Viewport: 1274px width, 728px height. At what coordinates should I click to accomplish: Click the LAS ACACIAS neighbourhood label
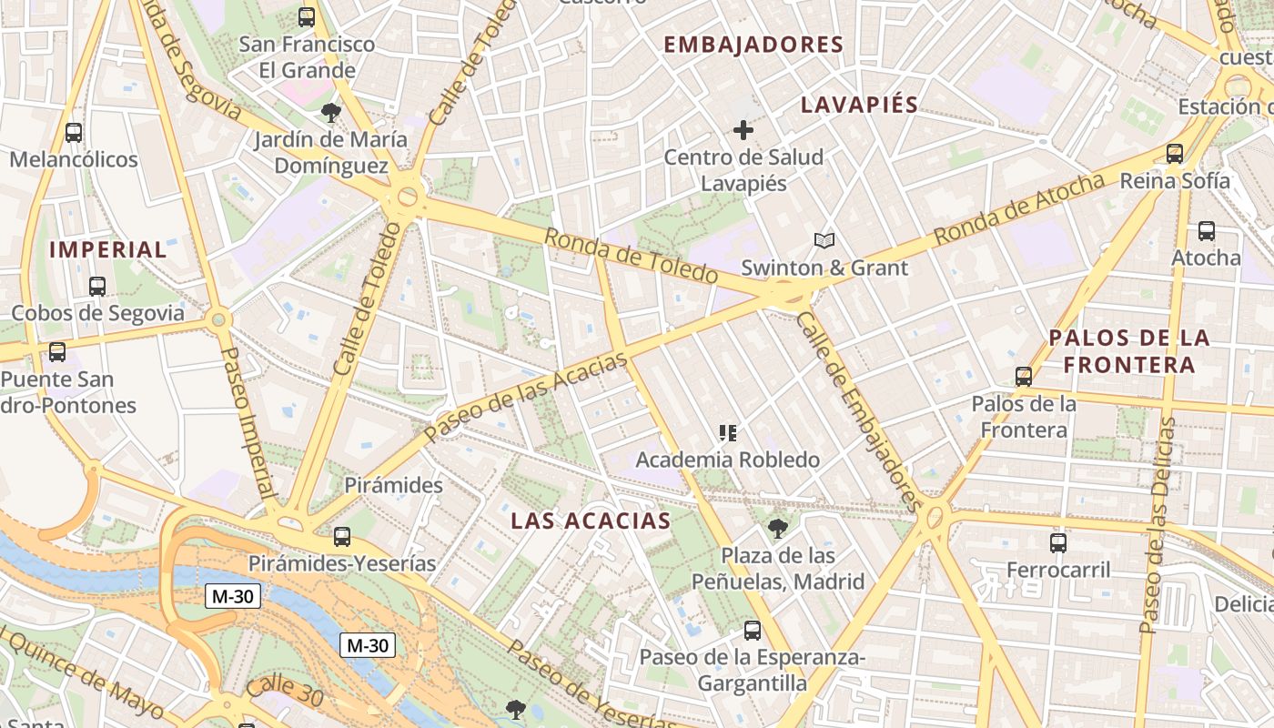tap(591, 521)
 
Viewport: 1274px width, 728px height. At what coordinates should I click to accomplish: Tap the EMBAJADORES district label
tap(753, 45)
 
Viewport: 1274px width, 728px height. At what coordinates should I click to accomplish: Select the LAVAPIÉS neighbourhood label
tap(859, 105)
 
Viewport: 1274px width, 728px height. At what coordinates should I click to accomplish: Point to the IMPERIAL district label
tap(108, 249)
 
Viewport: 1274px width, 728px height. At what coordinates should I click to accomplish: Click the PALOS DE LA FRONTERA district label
tap(1129, 351)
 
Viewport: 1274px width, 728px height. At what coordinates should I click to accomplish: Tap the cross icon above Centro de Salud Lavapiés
tap(743, 130)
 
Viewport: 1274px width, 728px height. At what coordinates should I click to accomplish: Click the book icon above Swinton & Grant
tap(824, 240)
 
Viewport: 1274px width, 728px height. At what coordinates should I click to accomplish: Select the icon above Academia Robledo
tap(727, 433)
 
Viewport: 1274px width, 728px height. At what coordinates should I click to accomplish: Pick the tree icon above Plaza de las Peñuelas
tap(777, 528)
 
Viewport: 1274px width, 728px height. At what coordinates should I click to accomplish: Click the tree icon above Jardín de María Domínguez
tap(331, 113)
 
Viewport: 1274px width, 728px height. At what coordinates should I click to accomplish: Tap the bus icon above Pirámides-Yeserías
tap(342, 537)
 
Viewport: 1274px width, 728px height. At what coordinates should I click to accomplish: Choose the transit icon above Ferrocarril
tap(1058, 543)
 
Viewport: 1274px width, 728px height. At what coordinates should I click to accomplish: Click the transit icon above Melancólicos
tap(74, 133)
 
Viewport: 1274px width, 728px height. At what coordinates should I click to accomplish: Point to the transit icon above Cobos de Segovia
tap(97, 286)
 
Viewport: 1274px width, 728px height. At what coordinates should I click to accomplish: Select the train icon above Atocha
tap(1207, 231)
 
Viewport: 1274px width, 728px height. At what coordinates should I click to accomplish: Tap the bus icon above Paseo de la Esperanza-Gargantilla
tap(752, 630)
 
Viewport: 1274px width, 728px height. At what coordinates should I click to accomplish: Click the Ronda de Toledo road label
tap(631, 256)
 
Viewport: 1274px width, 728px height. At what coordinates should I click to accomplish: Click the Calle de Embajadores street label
tap(858, 409)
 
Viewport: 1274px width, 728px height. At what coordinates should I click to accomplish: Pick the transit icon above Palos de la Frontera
tap(1024, 377)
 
